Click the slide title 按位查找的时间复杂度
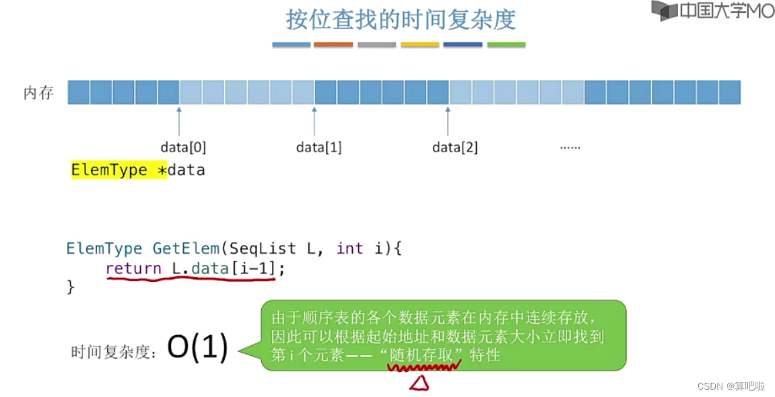[401, 19]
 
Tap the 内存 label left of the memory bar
[38, 93]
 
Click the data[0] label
[183, 147]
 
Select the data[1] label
[319, 147]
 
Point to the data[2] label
[455, 147]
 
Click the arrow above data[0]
[179, 121]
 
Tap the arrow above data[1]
[314, 121]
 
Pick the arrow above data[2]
[448, 121]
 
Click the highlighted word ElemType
[109, 170]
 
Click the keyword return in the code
[133, 268]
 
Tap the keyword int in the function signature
[349, 248]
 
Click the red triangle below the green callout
[420, 383]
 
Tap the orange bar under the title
[333, 45]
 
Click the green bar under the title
[506, 45]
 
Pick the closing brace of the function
[71, 287]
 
